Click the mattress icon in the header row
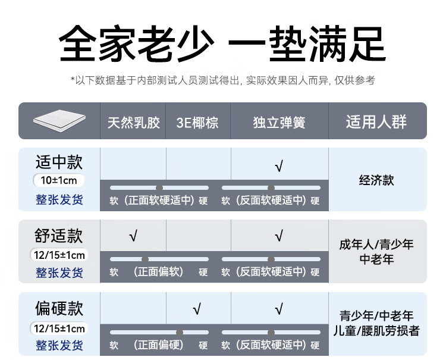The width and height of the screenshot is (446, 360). pyautogui.click(x=59, y=121)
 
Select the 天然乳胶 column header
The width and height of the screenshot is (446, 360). pyautogui.click(x=133, y=123)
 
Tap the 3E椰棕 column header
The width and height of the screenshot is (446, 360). pyautogui.click(x=197, y=123)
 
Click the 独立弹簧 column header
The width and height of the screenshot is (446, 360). pyautogui.click(x=279, y=123)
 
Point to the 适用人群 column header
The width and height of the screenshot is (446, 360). pyautogui.click(x=376, y=122)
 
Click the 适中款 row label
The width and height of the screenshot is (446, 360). pyautogui.click(x=59, y=162)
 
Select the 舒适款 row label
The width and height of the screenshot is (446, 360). pyautogui.click(x=59, y=236)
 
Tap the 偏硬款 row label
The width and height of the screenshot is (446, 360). pyautogui.click(x=59, y=309)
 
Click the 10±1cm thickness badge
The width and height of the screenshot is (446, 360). pyautogui.click(x=59, y=180)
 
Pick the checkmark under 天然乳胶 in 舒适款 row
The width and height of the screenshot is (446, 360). pyautogui.click(x=133, y=237)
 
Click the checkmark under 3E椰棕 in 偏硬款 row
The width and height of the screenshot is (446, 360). pyautogui.click(x=197, y=309)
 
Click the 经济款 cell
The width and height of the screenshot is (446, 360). pyautogui.click(x=376, y=180)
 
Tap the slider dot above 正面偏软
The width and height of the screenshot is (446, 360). pyautogui.click(x=145, y=259)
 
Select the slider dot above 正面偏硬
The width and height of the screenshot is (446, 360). pyautogui.click(x=179, y=332)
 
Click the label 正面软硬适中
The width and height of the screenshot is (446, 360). pyautogui.click(x=159, y=201)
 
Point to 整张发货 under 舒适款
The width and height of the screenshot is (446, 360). pyautogui.click(x=59, y=273)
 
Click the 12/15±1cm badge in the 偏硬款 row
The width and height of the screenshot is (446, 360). pyautogui.click(x=59, y=328)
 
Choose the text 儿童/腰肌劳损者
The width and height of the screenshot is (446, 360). pyautogui.click(x=376, y=331)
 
